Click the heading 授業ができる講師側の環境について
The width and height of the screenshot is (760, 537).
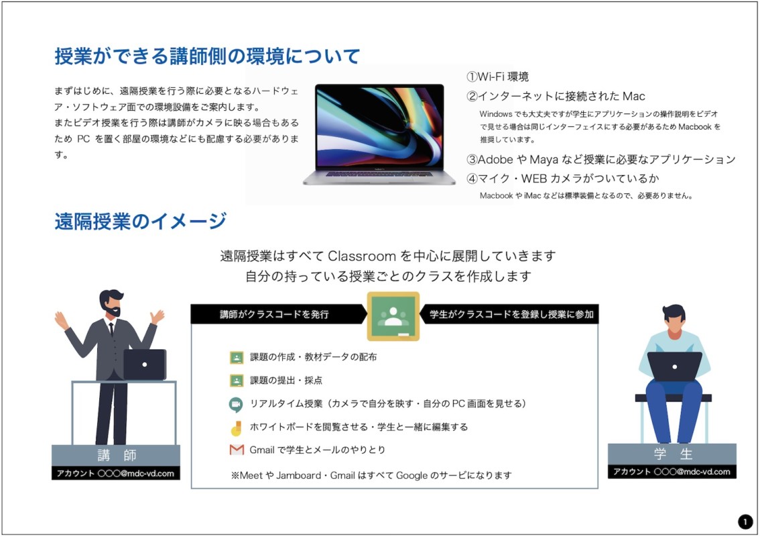[x=207, y=56]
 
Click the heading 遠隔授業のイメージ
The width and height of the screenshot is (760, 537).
[x=141, y=222]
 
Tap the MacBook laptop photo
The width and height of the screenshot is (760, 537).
[x=379, y=134]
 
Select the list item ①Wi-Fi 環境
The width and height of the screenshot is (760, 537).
[x=497, y=77]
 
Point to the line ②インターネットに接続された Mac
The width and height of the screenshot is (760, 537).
[x=556, y=96]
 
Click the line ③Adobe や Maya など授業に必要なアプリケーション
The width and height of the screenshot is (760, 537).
[x=601, y=159]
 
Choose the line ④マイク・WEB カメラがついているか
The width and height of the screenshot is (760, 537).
[x=563, y=179]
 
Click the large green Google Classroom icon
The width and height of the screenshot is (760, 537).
[x=393, y=316]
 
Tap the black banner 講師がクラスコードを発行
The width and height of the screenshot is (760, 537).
[x=277, y=314]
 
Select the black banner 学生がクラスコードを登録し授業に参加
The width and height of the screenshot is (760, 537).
[x=510, y=314]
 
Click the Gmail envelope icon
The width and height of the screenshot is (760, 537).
[x=237, y=450]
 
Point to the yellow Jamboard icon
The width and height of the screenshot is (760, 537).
[x=236, y=428]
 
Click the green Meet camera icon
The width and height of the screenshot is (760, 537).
[x=236, y=405]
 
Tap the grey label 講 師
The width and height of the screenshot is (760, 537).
[x=116, y=455]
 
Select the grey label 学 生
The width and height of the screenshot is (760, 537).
[x=672, y=454]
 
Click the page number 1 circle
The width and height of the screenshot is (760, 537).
[x=745, y=522]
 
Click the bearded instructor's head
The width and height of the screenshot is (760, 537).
[x=111, y=303]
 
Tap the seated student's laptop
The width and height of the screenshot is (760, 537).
[x=675, y=367]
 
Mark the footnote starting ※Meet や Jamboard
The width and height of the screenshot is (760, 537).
[x=371, y=475]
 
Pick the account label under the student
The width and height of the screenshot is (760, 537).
[x=672, y=471]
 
